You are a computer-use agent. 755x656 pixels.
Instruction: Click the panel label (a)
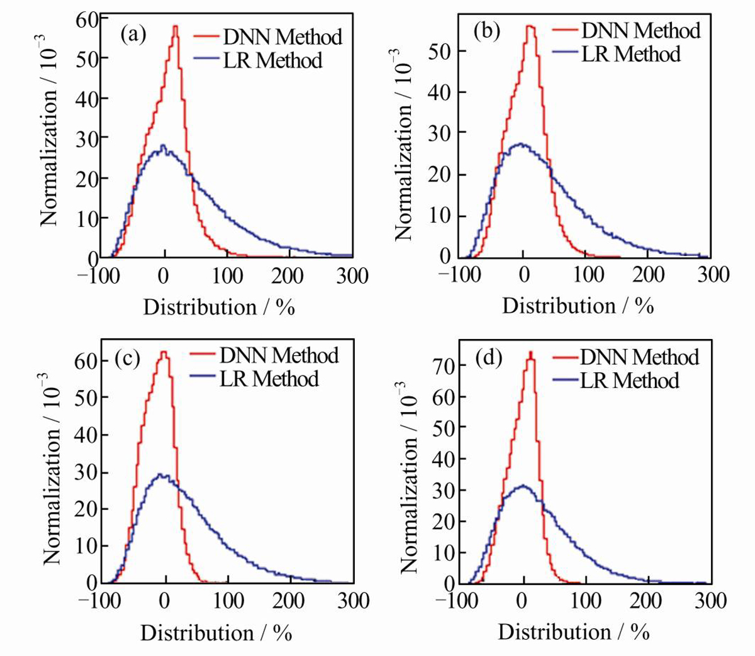pyautogui.click(x=133, y=35)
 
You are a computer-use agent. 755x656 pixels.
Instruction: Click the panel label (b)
pyautogui.click(x=487, y=31)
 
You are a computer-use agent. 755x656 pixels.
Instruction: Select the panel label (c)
pyautogui.click(x=127, y=358)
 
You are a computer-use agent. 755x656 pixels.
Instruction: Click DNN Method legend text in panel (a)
pyautogui.click(x=283, y=36)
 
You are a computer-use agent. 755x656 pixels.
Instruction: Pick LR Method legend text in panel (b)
pyautogui.click(x=631, y=54)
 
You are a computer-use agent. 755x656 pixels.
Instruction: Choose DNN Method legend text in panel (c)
pyautogui.click(x=279, y=355)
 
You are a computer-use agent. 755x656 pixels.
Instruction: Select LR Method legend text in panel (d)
pyautogui.click(x=630, y=380)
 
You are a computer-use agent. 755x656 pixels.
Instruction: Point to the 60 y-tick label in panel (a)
pyautogui.click(x=87, y=21)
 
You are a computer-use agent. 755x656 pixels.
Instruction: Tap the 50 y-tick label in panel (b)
pyautogui.click(x=440, y=51)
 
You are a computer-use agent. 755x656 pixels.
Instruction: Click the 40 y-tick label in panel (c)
pyautogui.click(x=86, y=435)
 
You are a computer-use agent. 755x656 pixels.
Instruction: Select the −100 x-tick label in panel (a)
pyautogui.click(x=99, y=276)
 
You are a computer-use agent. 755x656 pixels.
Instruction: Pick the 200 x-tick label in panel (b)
pyautogui.click(x=648, y=275)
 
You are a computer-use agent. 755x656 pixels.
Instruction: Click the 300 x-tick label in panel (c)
pyautogui.click(x=354, y=601)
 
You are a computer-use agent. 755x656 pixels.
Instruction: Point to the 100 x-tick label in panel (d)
pyautogui.click(x=586, y=601)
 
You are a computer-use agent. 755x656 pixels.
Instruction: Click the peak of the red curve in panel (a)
pyautogui.click(x=176, y=26)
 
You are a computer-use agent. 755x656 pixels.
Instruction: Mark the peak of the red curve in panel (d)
pyautogui.click(x=530, y=352)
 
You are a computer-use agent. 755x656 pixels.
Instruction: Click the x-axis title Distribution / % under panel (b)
pyautogui.click(x=578, y=306)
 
